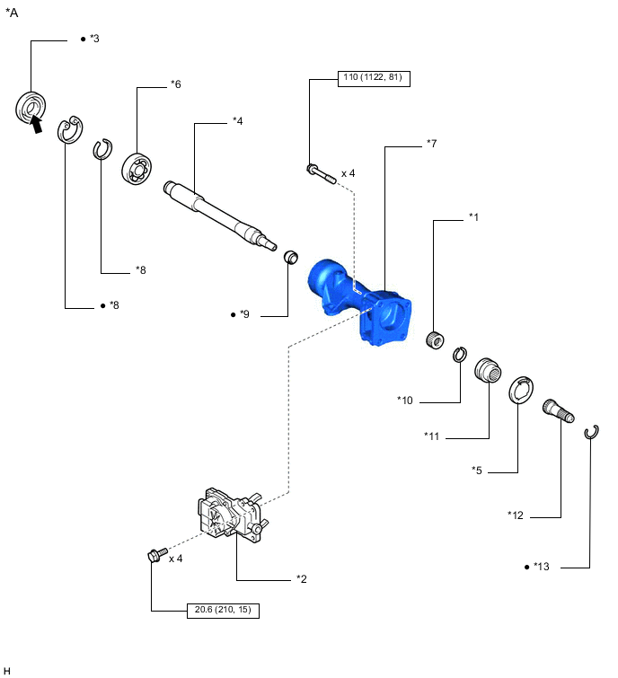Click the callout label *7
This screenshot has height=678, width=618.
point(431,144)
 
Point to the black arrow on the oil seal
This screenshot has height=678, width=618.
point(36,127)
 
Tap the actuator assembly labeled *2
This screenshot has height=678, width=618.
point(228,516)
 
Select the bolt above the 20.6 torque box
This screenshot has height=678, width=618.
point(153,557)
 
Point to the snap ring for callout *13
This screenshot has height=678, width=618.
point(591,434)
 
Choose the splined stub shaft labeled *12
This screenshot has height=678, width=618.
point(559,418)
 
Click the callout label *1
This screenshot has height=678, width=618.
point(473,218)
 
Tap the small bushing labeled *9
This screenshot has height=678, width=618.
point(291,260)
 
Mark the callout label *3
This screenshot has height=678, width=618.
point(95,40)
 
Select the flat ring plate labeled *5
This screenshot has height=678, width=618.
point(521,392)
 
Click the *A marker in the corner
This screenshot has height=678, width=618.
point(13,13)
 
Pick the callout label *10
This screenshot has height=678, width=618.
point(405,400)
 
